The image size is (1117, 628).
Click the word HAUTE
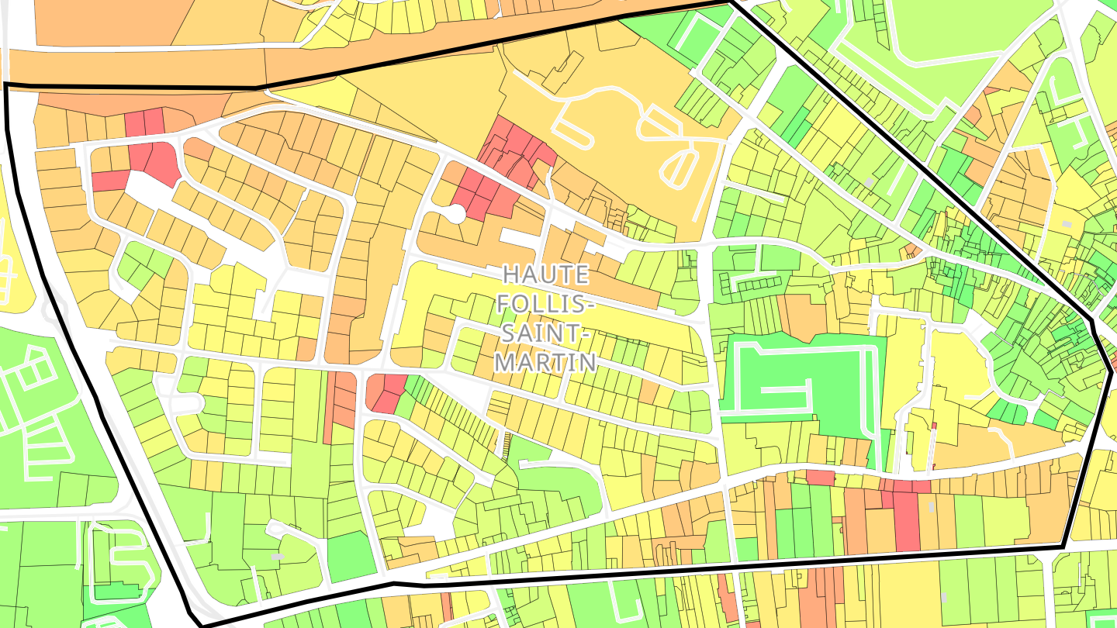pyautogui.click(x=545, y=274)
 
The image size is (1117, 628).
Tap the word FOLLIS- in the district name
pyautogui.click(x=545, y=303)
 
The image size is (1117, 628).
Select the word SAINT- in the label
pyautogui.click(x=545, y=333)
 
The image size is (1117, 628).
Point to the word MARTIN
pyautogui.click(x=545, y=362)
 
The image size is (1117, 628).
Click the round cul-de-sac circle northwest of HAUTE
pyautogui.click(x=456, y=213)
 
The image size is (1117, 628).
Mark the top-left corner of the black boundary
pyautogui.click(x=6, y=85)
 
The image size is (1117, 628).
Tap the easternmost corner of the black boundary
pyautogui.click(x=1111, y=372)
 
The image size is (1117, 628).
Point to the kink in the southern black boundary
pyautogui.click(x=393, y=582)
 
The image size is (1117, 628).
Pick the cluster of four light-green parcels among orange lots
pyautogui.click(x=141, y=262)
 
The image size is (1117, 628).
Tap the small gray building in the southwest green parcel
pyautogui.click(x=278, y=556)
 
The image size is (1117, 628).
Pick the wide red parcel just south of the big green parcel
pyautogui.click(x=819, y=477)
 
